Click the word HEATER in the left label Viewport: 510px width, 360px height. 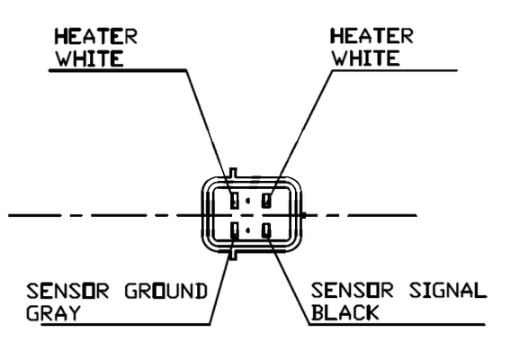click(x=95, y=36)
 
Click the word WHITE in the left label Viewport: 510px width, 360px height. click(x=89, y=58)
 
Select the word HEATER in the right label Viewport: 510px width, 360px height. click(x=371, y=36)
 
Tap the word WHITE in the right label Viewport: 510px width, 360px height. click(x=365, y=58)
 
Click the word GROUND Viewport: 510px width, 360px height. click(x=166, y=291)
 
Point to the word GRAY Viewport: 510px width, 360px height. click(x=53, y=313)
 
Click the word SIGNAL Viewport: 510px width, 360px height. click(x=448, y=291)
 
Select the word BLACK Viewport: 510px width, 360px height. click(x=345, y=312)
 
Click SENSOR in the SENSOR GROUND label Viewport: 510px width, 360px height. click(x=67, y=291)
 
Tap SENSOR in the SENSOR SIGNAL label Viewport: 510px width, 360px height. click(x=353, y=291)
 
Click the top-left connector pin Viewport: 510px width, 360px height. click(x=234, y=200)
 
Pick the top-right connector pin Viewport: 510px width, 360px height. click(x=267, y=200)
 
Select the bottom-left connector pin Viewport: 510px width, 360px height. click(x=234, y=230)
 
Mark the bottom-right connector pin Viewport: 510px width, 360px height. click(x=267, y=230)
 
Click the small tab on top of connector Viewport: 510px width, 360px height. click(x=233, y=173)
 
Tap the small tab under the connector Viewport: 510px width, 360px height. click(x=233, y=255)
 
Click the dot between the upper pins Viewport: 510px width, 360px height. click(x=248, y=201)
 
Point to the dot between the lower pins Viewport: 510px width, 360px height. click(x=248, y=230)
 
